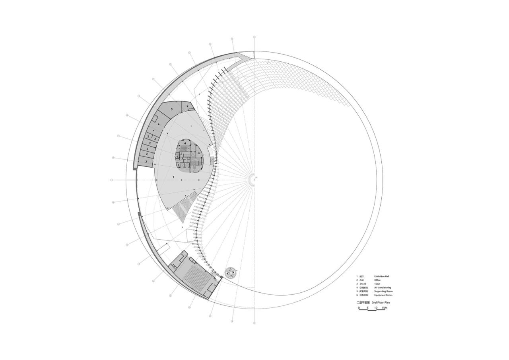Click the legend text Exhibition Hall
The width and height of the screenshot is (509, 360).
pos(381,276)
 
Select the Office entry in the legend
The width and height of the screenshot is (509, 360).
pos(377,280)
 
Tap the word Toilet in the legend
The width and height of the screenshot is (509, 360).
pos(377,284)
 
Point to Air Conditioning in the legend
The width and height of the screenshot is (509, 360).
pos(383,288)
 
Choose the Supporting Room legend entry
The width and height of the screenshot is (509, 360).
pos(383,292)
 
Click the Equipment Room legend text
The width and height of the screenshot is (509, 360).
pos(383,295)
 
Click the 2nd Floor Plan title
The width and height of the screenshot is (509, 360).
pos(381,303)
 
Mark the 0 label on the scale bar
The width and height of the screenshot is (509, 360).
pos(359,308)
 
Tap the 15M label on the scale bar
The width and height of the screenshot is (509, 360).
pos(384,308)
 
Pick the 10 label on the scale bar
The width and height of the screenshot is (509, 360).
pos(376,308)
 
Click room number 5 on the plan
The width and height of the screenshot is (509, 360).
pos(172,109)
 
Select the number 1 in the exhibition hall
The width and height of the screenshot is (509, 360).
pos(173,176)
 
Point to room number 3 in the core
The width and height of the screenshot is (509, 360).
pos(182,158)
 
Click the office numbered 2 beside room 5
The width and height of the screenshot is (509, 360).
pos(187,106)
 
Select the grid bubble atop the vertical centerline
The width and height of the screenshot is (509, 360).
pos(254,37)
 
